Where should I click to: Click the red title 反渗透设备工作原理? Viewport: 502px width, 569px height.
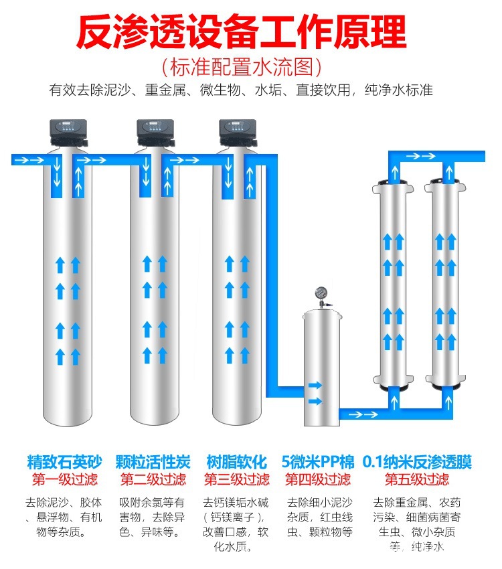point(241,32)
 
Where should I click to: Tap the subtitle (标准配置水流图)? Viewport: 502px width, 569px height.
point(241,67)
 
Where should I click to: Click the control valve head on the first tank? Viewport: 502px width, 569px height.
point(68,133)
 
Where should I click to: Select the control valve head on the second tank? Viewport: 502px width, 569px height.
point(155,133)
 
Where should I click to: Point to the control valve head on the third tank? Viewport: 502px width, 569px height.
point(238,133)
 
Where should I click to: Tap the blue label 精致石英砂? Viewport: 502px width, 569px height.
point(64,462)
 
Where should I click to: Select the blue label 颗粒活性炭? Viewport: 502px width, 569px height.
point(153,462)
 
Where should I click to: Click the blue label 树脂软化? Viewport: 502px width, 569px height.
point(236,462)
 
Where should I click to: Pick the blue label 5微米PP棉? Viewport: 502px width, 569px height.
point(318,462)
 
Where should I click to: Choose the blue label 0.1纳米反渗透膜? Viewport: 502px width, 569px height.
point(417,462)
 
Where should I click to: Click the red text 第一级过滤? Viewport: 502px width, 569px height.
point(65,479)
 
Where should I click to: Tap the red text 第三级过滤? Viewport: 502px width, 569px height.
point(237,479)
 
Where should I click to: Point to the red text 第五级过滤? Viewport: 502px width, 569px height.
point(417,479)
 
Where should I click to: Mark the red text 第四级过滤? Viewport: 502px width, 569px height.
point(318,479)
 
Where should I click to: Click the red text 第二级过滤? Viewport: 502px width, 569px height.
point(153,479)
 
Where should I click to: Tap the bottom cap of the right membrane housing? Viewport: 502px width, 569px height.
point(445,381)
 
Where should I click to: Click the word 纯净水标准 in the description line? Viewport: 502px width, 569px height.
point(399,90)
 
